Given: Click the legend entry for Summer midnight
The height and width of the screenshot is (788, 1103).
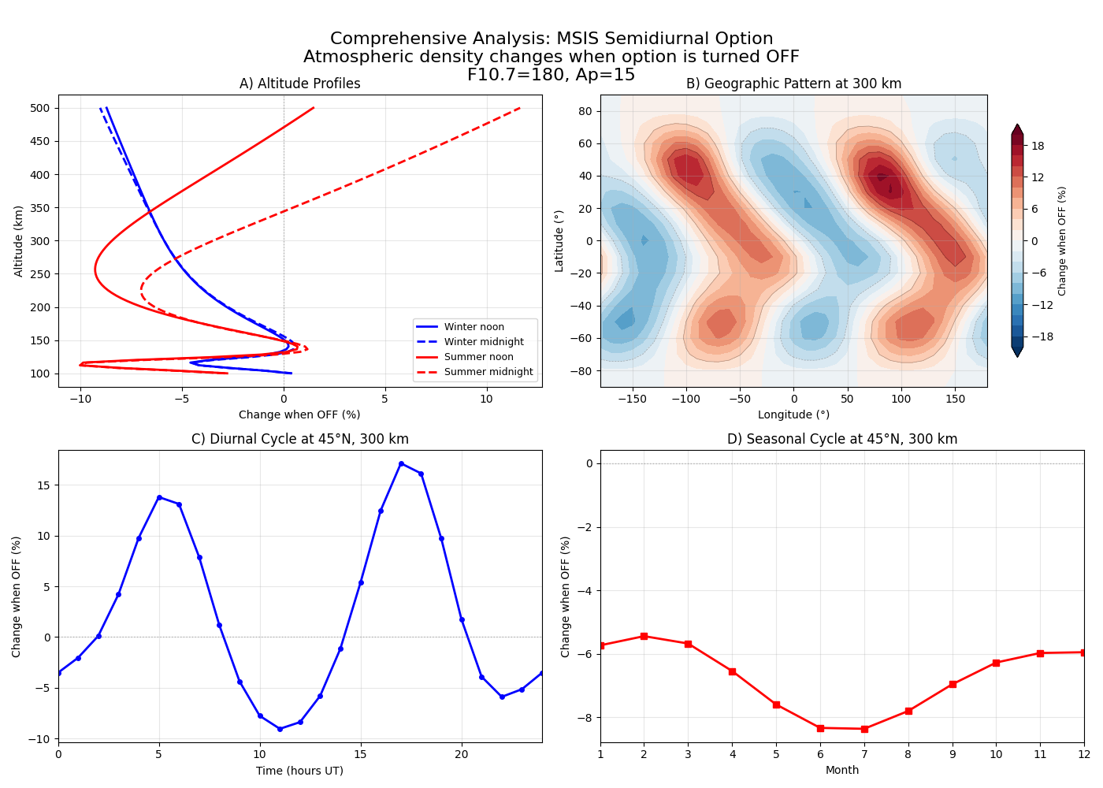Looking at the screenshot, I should (x=488, y=372).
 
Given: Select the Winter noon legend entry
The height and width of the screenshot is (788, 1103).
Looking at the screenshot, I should (x=474, y=327).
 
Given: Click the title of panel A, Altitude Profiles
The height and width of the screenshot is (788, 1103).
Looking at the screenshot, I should (x=299, y=84).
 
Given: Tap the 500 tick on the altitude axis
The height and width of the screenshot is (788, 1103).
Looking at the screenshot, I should (x=40, y=108).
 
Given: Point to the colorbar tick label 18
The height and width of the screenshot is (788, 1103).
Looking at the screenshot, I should (x=1038, y=146).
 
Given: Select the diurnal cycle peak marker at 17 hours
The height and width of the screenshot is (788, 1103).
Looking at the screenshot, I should (x=401, y=463).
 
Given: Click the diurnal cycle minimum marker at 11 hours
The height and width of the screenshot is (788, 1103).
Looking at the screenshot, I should (x=280, y=729).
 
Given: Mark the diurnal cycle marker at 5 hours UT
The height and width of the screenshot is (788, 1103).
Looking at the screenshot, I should (x=159, y=497).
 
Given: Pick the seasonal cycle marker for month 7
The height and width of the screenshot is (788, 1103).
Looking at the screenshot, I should (x=864, y=729).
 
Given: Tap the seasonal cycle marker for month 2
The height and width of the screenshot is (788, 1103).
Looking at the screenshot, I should (x=644, y=636).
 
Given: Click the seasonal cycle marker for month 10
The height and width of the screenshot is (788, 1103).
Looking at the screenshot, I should (x=996, y=663).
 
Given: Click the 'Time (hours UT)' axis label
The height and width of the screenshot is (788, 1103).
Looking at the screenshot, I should (x=299, y=771).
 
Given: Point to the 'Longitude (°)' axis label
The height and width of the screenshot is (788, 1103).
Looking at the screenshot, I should (x=793, y=414).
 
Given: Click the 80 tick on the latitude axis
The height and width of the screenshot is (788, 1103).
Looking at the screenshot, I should (x=585, y=111).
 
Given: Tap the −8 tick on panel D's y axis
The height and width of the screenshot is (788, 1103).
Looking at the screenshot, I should (x=586, y=717).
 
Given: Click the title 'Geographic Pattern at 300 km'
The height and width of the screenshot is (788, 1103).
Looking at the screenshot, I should (x=793, y=84).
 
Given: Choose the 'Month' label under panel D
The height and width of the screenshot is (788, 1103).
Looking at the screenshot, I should (x=841, y=770).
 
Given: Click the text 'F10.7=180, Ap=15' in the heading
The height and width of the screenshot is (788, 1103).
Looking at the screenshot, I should (x=551, y=75).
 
